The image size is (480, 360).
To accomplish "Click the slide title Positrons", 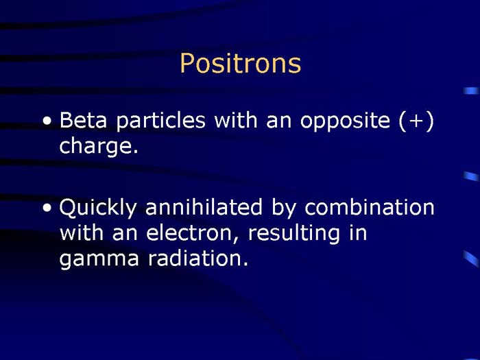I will coord(240,64).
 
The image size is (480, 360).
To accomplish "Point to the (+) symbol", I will coord(416,121).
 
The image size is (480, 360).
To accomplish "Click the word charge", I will coord(99,147).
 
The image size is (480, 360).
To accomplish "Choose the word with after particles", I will coord(232,121).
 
